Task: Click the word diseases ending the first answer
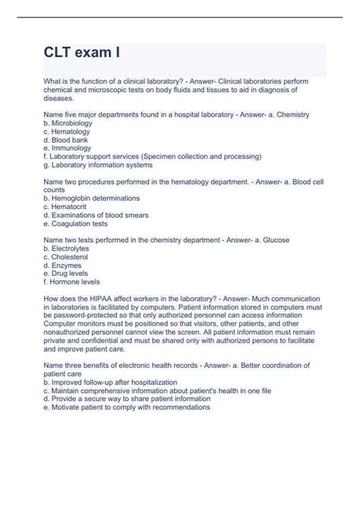point(61,97)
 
